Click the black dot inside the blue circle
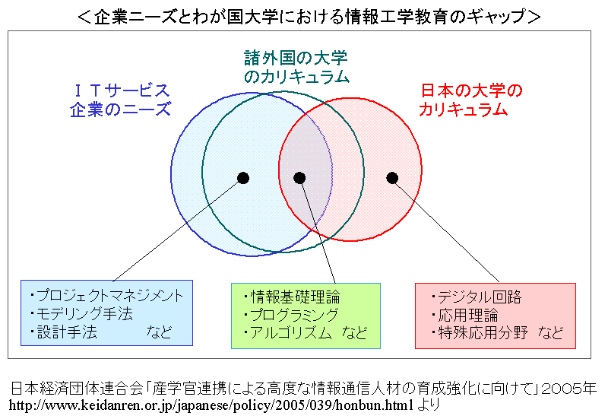pos(243,178)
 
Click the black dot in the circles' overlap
pos(299,178)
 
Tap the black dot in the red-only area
pos(392,178)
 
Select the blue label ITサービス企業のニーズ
pos(120,100)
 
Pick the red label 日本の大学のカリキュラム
pos(471,100)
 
